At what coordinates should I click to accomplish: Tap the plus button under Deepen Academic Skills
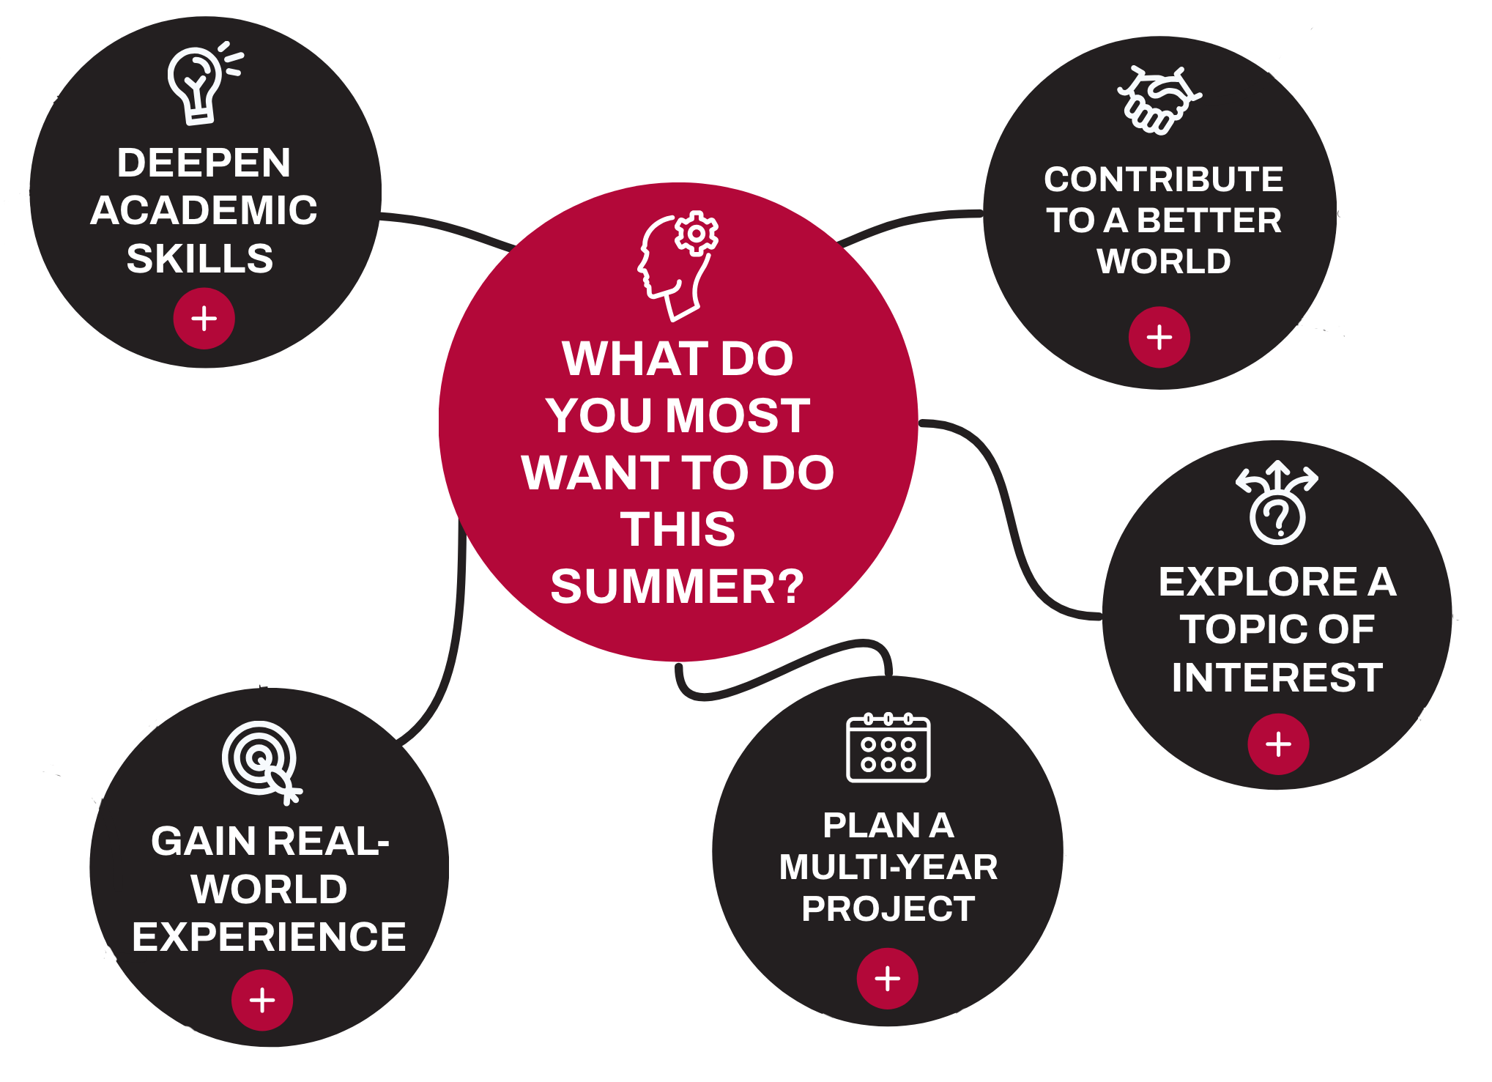204,319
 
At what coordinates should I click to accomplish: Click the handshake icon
1159,101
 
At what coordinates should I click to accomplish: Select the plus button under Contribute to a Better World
1159,338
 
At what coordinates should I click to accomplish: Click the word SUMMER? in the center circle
678,586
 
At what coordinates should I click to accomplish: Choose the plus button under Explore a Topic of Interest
1278,744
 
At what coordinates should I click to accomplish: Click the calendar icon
888,748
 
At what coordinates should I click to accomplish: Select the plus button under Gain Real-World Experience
262,1000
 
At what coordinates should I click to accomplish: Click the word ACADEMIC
204,210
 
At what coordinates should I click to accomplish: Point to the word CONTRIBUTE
1163,179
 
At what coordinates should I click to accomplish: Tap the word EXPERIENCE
269,937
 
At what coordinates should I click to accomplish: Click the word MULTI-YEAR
888,867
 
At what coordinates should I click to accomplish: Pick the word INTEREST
1277,677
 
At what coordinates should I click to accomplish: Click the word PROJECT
888,909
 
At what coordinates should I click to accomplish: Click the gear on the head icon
696,234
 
